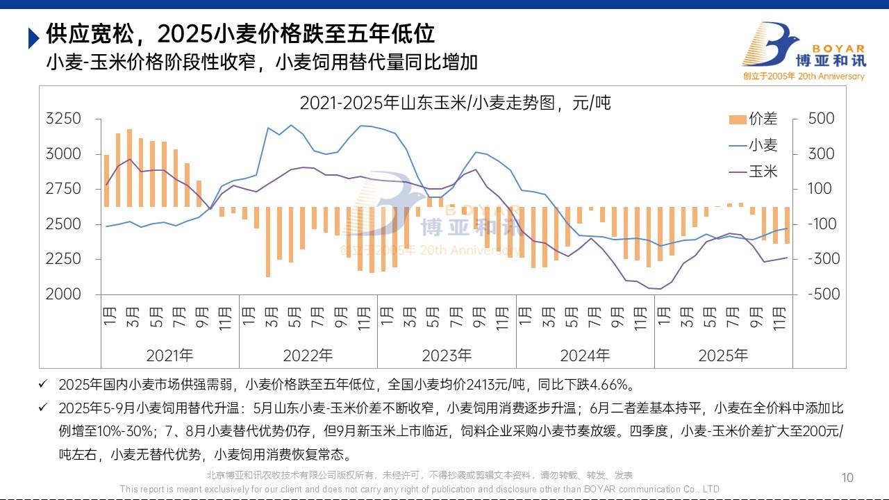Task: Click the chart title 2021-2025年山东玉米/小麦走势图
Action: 455,103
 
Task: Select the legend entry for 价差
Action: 754,119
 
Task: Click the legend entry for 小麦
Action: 754,145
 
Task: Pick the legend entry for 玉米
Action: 754,171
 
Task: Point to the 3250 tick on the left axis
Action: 63,119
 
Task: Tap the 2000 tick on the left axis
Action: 63,294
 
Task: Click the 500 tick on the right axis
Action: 822,119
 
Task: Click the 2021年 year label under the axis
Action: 169,356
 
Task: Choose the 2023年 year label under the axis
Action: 447,356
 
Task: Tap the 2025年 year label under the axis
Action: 723,356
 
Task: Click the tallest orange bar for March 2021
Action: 130,168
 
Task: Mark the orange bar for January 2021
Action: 107,181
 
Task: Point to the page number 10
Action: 847,478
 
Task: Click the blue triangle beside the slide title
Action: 33,37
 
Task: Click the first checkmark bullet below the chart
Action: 44,383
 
